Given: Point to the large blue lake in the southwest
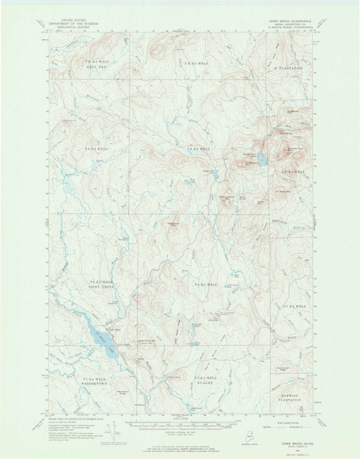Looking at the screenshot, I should click(100, 339).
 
